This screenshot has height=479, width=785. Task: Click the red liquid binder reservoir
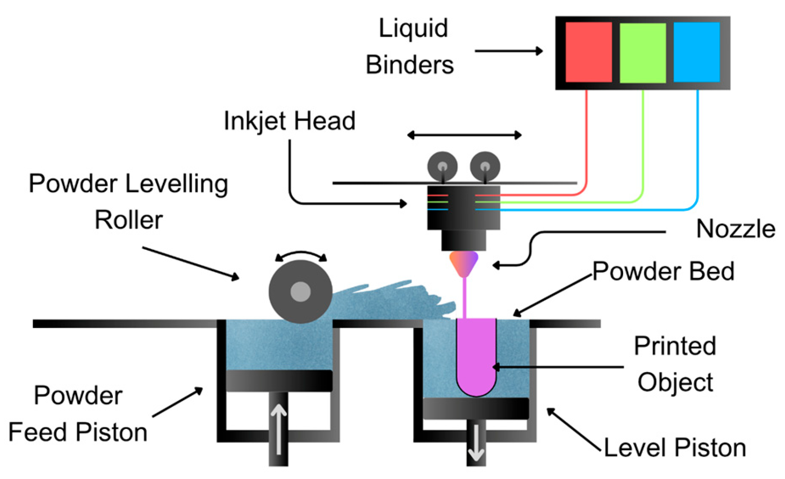588,52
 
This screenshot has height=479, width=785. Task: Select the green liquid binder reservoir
642,53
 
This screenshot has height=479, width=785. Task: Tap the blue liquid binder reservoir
696,52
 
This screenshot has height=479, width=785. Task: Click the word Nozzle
735,229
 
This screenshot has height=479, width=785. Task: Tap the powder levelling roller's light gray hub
300,292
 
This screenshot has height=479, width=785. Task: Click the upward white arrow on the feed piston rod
278,429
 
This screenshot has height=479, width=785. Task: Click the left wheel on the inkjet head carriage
442,166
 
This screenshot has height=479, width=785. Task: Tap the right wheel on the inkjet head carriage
485,166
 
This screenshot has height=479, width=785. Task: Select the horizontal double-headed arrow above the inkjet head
464,135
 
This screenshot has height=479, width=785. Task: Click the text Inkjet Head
290,121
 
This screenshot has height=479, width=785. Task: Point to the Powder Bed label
663,271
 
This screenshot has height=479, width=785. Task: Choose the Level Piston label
674,447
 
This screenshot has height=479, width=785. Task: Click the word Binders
410,64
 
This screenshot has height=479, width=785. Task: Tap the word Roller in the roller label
129,220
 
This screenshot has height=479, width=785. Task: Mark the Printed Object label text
675,364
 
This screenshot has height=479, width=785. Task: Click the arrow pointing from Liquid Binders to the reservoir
509,51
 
